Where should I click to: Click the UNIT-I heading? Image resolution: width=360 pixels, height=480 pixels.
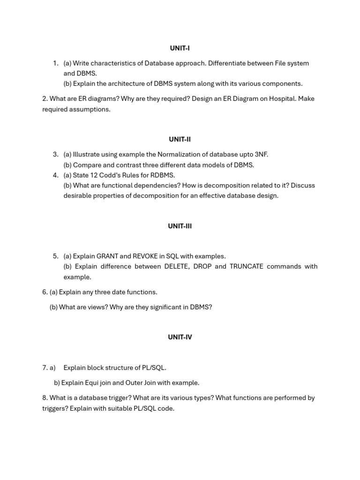click(180, 48)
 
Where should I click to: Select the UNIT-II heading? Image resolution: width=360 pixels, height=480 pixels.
click(180, 139)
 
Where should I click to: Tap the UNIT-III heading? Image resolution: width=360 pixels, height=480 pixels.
click(180, 226)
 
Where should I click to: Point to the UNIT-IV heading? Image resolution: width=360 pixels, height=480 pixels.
click(180, 337)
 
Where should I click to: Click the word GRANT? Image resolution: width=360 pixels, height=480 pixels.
click(107, 256)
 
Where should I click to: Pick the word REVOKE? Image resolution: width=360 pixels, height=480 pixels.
click(145, 256)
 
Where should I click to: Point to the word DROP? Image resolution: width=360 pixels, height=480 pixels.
click(201, 267)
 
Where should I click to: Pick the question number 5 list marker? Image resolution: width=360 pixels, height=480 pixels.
click(55, 256)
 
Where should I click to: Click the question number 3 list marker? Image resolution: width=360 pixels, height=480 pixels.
click(55, 155)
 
